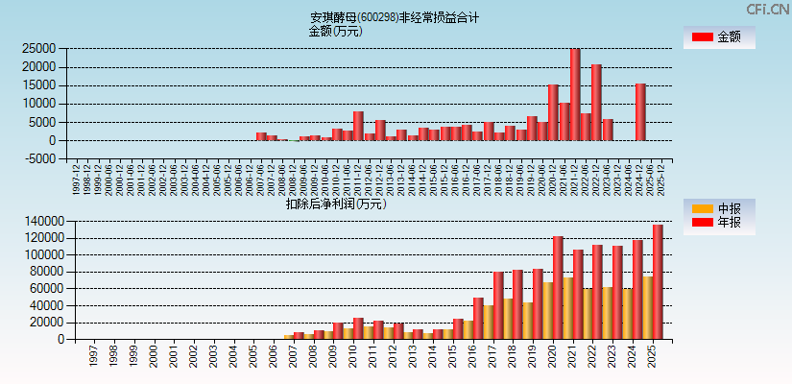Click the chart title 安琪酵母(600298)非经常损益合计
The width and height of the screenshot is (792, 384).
coord(395,17)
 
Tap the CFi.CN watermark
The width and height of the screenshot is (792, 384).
coord(768,10)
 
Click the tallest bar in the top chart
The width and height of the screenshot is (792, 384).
coord(575,94)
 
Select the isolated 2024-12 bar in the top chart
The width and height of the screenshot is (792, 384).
coord(640,111)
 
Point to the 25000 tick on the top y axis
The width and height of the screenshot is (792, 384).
coord(37,48)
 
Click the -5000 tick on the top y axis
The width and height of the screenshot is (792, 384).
coord(37,159)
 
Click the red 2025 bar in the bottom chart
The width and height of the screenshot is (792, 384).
coord(658,281)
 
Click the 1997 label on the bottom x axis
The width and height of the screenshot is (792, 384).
coord(92,356)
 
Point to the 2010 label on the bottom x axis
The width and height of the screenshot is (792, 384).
coord(353,356)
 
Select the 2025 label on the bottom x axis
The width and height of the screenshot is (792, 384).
coord(653,356)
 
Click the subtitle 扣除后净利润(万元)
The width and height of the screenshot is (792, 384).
coord(335,204)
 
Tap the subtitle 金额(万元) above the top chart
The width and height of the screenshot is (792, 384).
coord(335,31)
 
